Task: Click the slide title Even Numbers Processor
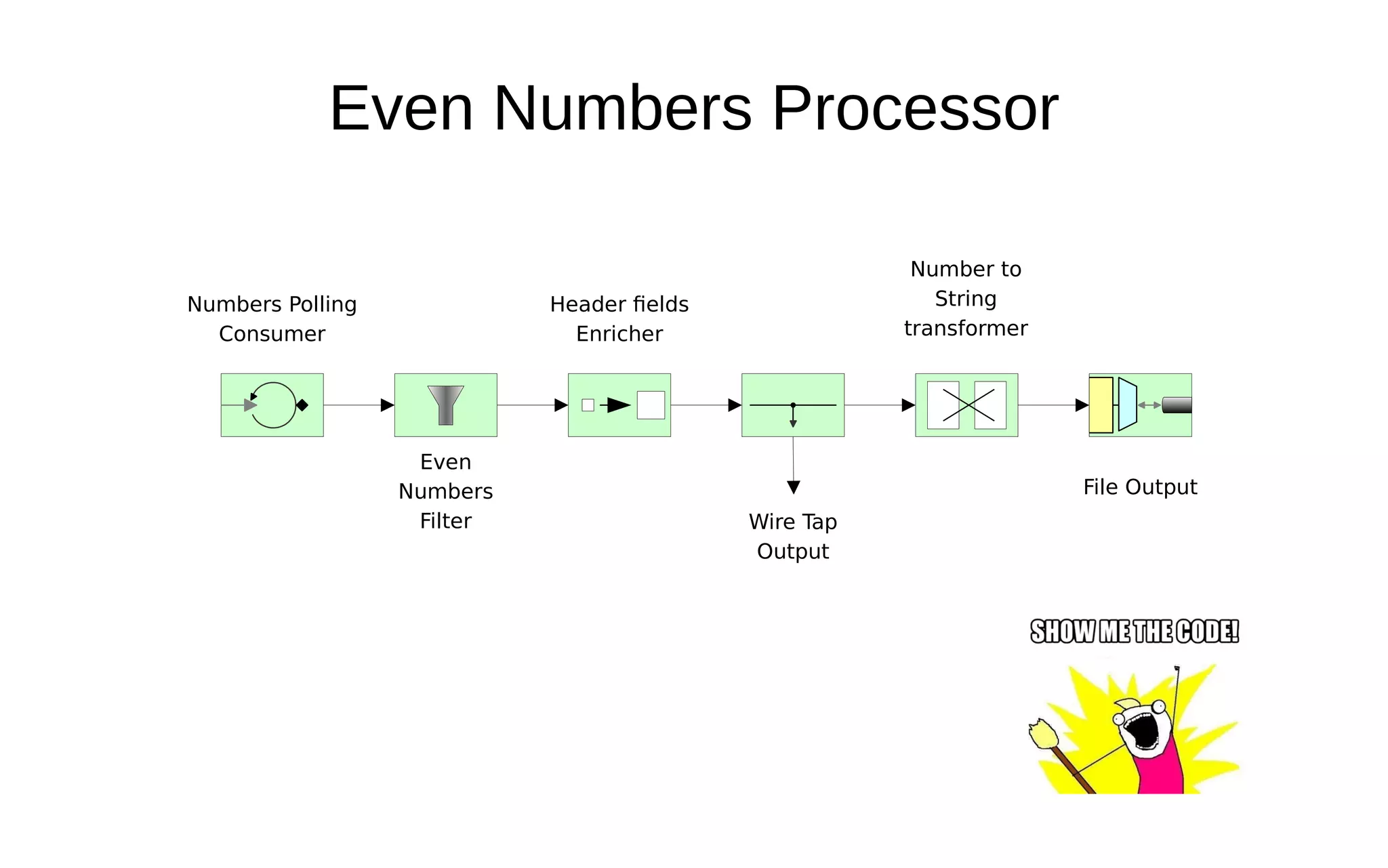[693, 108]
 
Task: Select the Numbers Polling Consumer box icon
[272, 405]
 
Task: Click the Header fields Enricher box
[619, 405]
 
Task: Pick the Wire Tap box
[793, 405]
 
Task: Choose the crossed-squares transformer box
[966, 405]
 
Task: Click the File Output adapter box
[1140, 405]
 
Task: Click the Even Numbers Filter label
[445, 491]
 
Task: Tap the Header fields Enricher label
[619, 318]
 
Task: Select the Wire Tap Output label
[793, 537]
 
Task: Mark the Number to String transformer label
[966, 299]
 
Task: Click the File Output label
[1140, 487]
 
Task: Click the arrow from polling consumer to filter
[359, 405]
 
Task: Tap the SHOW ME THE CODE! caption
[1135, 632]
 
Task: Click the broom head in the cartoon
[1044, 735]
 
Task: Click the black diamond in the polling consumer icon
[302, 405]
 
